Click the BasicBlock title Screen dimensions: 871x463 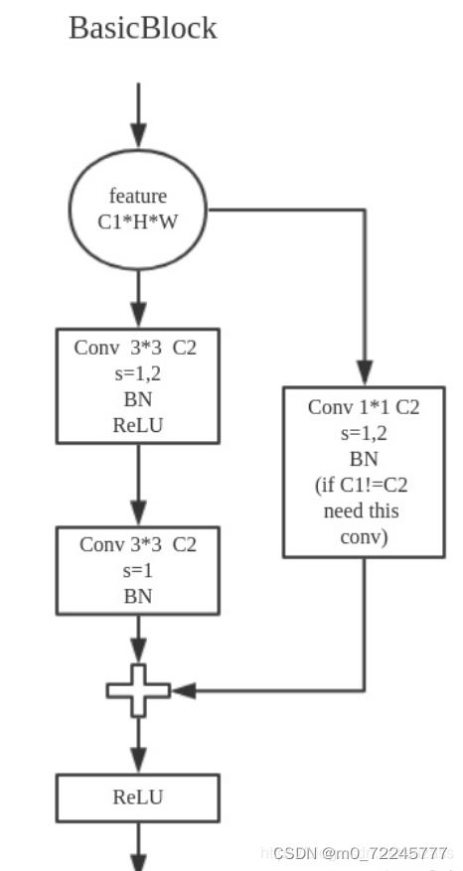coord(142,28)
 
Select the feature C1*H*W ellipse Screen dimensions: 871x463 coord(138,209)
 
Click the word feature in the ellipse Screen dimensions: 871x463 coord(138,196)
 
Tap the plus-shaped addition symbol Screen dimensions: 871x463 coord(138,689)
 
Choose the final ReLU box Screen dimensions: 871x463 coord(138,798)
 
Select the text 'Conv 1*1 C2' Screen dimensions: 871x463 coord(364,407)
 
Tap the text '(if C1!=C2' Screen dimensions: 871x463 coord(364,487)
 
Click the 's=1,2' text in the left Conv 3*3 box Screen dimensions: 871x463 coord(138,374)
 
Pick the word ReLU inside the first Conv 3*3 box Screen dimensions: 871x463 coord(138,424)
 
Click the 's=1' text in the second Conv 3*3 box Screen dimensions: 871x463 coord(138,570)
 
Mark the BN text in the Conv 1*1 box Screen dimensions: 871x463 coord(364,460)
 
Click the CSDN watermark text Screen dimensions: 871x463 coord(360,853)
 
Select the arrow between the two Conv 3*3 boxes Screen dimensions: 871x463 coord(138,485)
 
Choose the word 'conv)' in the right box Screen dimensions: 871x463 coord(364,537)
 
